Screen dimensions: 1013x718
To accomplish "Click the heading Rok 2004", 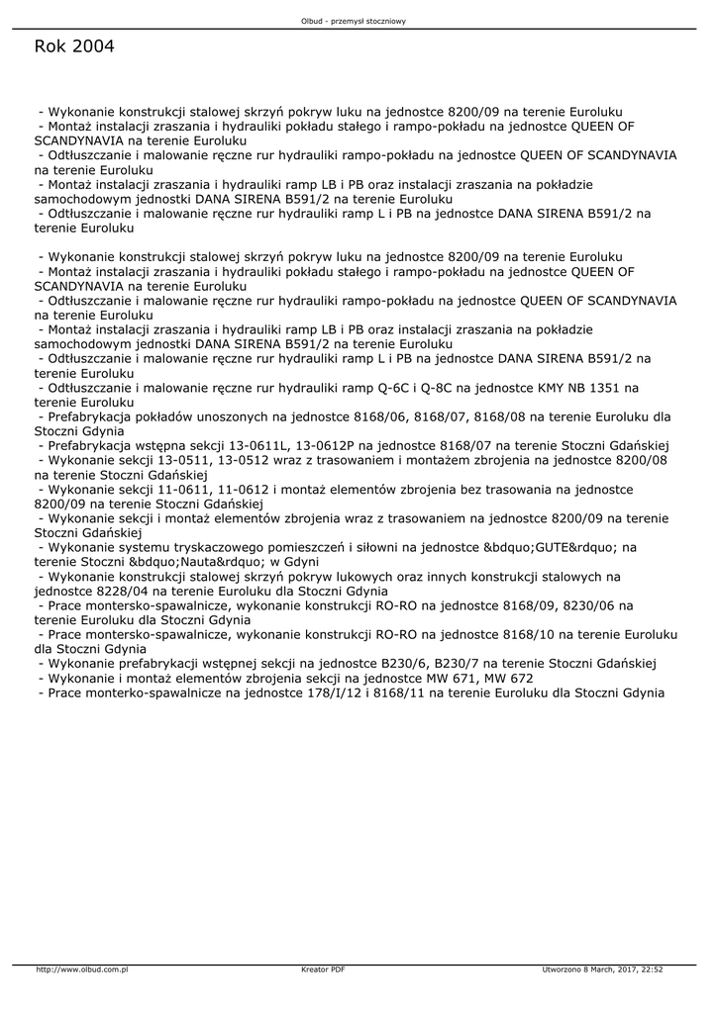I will click(73, 46).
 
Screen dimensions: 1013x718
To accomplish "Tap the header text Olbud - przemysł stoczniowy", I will click(359, 21).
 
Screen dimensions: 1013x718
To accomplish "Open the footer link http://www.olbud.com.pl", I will click(82, 969).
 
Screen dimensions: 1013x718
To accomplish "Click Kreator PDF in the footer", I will click(323, 969).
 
